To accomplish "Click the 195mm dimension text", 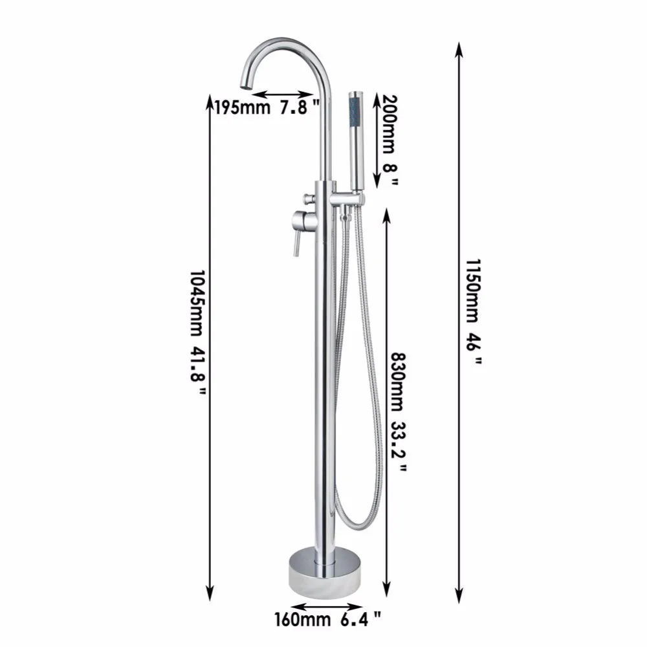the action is click(x=242, y=107).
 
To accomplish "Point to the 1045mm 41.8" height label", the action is click(x=197, y=332).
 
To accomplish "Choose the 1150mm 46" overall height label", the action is click(x=474, y=312).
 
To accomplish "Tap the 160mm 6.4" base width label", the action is click(x=327, y=619).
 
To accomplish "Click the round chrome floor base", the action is click(x=325, y=571).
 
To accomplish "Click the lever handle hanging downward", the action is click(x=296, y=243).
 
